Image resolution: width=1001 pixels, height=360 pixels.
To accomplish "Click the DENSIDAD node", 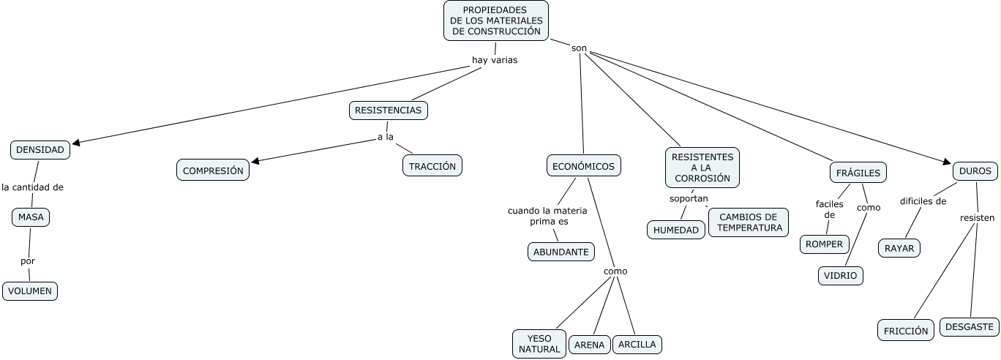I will coord(41,150).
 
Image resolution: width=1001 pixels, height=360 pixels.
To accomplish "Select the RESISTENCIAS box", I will coord(388,110).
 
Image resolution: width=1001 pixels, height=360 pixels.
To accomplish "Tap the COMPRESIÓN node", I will coord(213,170).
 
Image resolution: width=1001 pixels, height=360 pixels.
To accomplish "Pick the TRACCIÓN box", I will coord(432,166).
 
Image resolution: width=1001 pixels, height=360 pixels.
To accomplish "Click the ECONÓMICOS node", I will coord(583,166).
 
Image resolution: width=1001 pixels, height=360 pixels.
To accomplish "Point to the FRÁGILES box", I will coord(858,173).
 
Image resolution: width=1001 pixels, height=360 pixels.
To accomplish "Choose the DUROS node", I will coord(975,171).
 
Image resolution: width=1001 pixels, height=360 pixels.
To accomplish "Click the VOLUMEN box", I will coord(30,290).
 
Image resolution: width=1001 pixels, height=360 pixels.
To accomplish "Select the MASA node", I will coord(31,217).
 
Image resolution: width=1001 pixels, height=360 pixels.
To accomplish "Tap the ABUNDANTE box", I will coord(561,252).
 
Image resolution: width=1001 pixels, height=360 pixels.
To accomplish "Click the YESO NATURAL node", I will coord(539,344).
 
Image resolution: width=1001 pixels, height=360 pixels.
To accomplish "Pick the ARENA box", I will coord(589,345).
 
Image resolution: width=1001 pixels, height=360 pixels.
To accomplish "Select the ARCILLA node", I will coord(637,344).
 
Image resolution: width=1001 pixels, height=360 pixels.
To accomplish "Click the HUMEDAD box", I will coord(676,230).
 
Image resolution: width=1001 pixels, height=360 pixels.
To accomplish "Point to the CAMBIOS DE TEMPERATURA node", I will coord(748,222).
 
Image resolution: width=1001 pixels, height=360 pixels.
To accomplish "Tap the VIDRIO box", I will coord(840,276).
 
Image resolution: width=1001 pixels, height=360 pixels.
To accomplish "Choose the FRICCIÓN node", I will coord(906,331).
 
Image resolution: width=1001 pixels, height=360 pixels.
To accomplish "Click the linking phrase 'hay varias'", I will coord(495,60).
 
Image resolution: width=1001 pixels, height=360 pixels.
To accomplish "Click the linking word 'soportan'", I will coord(689,198).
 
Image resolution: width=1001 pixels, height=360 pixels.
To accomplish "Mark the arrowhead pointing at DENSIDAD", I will coord(75,143).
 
